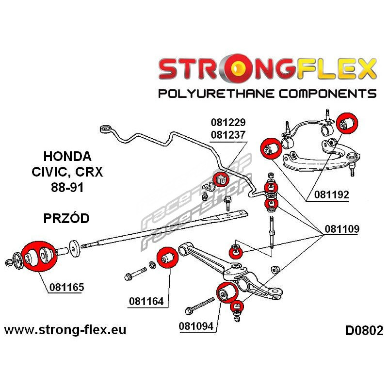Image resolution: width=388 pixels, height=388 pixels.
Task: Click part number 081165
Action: [66, 287]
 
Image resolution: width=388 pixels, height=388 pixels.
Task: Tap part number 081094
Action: [197, 326]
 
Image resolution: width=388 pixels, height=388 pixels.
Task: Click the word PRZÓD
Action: [66, 218]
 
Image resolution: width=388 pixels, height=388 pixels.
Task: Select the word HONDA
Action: [67, 157]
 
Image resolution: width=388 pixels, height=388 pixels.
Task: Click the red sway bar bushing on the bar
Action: [222, 178]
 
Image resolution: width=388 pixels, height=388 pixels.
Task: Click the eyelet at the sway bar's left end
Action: [105, 129]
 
